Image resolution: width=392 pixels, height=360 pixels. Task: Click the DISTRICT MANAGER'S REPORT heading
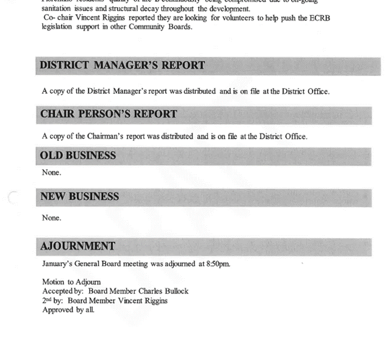tap(123, 66)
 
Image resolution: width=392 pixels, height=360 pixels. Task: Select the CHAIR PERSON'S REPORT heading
tap(109, 114)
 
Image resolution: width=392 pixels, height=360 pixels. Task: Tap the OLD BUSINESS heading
tap(78, 156)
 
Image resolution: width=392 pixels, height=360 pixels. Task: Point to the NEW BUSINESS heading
tap(80, 197)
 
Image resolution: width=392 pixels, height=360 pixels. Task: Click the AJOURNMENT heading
tap(78, 246)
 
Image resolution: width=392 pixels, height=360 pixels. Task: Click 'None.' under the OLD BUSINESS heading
tap(52, 172)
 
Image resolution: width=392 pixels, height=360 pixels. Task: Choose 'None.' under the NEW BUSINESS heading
tap(52, 218)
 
